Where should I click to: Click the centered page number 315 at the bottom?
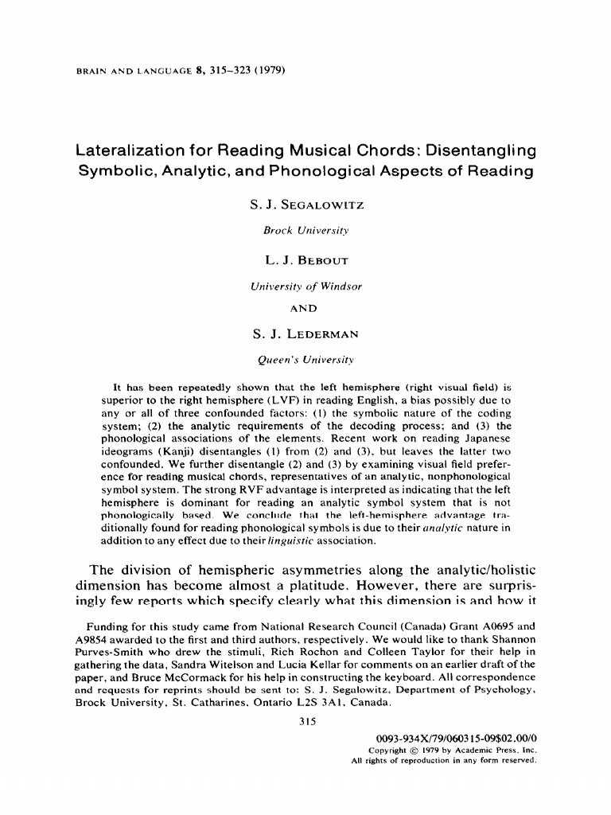click(x=306, y=722)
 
